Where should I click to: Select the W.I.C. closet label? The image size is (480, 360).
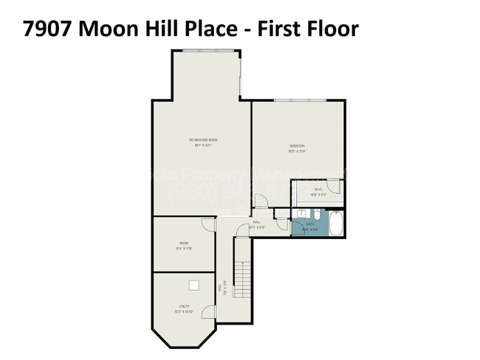point(318,190)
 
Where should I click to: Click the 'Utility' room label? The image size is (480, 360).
point(183,305)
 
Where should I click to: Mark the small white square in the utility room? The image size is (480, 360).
point(193,285)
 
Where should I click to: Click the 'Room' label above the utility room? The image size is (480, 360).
point(183,243)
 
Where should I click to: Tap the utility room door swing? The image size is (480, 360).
point(209,313)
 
